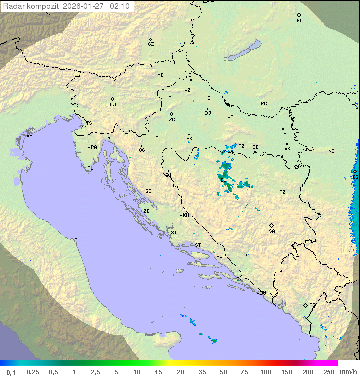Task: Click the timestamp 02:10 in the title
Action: [120, 6]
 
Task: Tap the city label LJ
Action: [113, 104]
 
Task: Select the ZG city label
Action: [172, 120]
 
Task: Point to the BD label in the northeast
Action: [299, 21]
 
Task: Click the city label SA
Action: [272, 231]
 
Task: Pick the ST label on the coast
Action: [198, 245]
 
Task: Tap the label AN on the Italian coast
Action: [77, 240]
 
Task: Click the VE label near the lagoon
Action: [29, 136]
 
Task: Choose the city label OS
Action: [283, 134]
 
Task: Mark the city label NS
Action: [331, 151]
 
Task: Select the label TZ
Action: [283, 192]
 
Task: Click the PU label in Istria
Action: [90, 168]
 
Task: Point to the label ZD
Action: [146, 211]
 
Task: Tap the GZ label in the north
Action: [151, 44]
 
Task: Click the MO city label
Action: [251, 255]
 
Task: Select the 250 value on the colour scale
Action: [329, 372]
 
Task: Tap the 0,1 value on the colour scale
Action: [11, 372]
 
